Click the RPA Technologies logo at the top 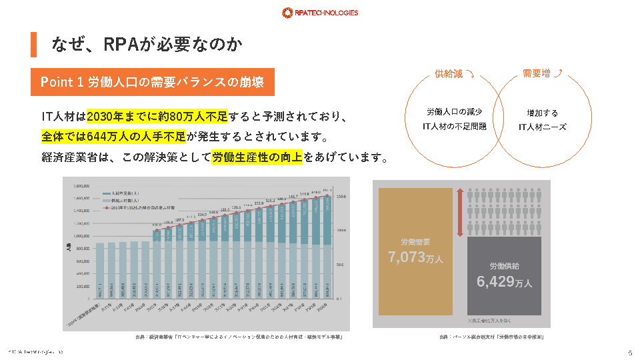pos(320,12)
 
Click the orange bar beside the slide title pos(33,44)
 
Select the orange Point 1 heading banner pos(152,82)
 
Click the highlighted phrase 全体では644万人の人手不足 pos(113,137)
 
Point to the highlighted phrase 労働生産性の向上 pos(257,158)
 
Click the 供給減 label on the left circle pos(449,74)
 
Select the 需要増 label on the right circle pos(537,74)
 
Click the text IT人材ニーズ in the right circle pos(543,126)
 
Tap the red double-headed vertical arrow pos(459,212)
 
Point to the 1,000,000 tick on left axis pos(81,236)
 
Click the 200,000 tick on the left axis pos(81,286)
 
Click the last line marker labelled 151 pos(327,195)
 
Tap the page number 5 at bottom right pos(629,353)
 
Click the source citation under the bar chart pos(239,337)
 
